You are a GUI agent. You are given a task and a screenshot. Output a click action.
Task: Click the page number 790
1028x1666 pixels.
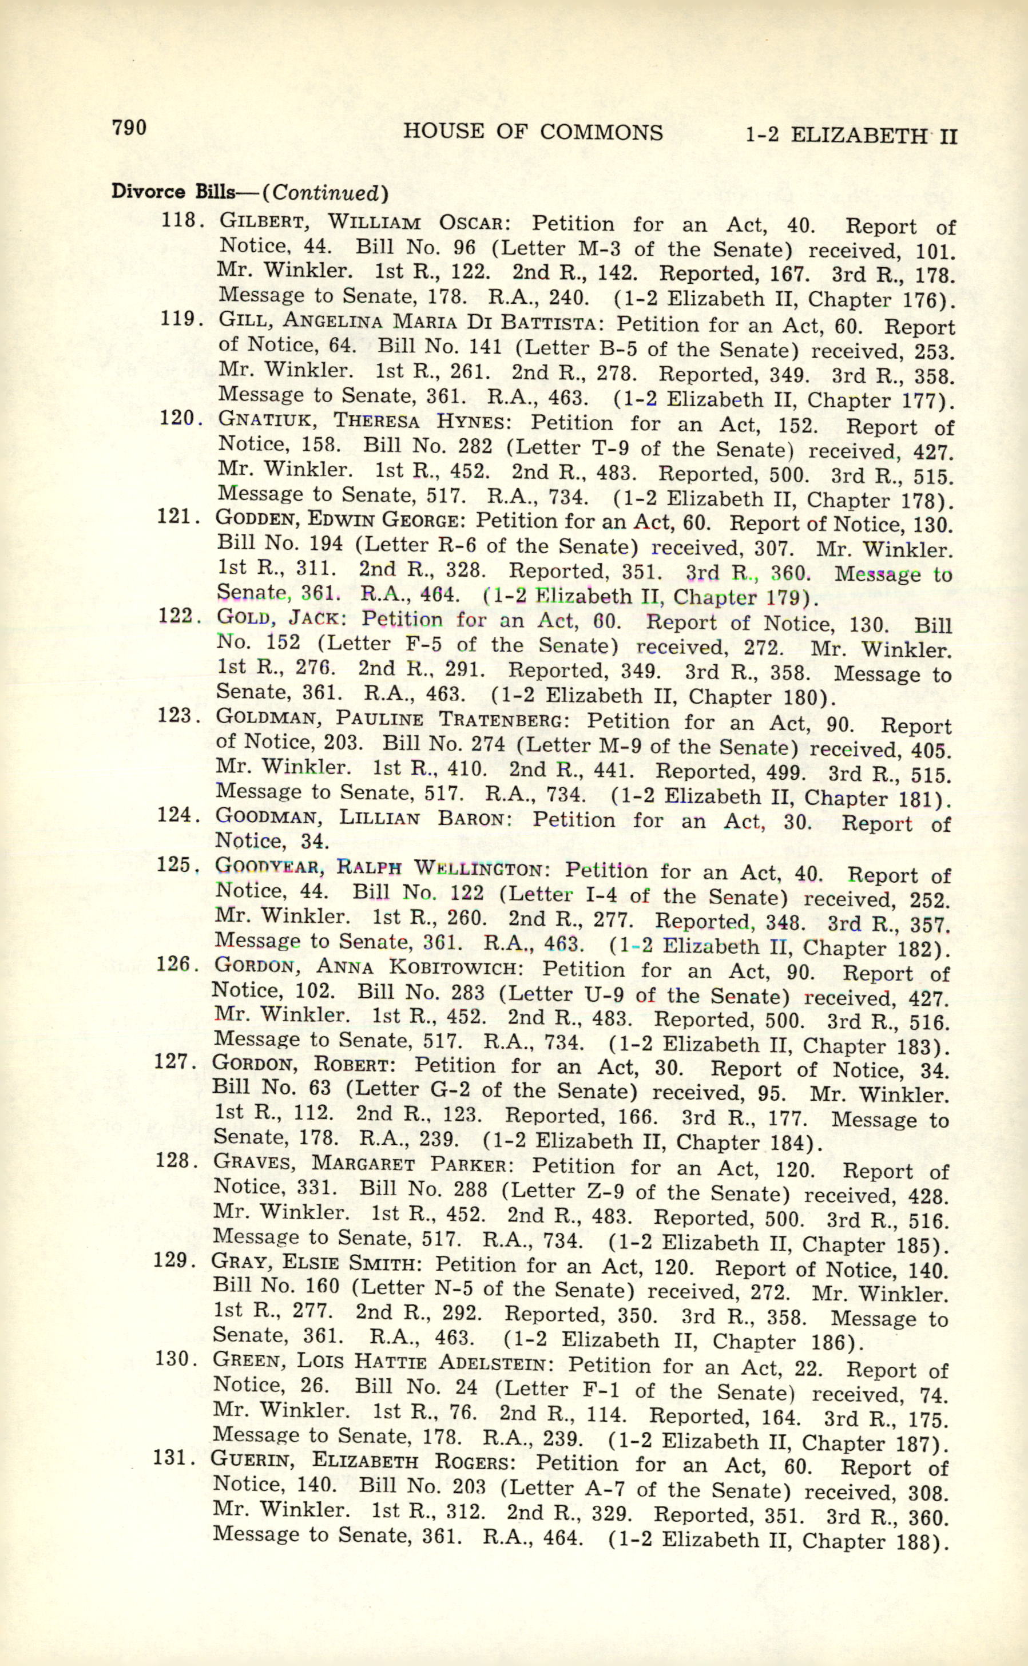click(129, 127)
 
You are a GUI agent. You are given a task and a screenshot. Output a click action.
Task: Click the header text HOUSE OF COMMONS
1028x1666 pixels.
click(533, 132)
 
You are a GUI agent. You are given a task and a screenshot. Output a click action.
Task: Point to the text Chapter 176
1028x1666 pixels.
click(873, 299)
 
